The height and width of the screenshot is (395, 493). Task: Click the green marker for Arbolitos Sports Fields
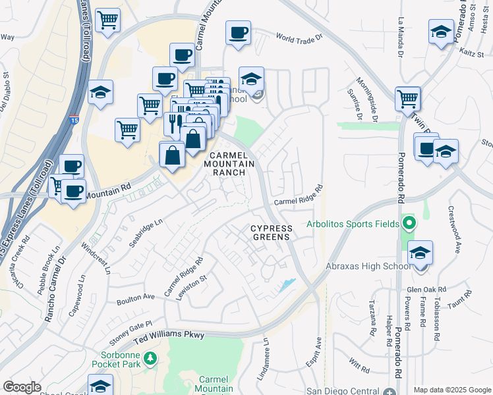[409, 223]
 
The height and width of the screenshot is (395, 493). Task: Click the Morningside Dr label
[368, 99]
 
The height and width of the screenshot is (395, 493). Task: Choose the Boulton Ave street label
[135, 299]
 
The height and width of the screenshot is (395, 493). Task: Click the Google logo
[22, 387]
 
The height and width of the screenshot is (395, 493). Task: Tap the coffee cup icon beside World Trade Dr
[238, 32]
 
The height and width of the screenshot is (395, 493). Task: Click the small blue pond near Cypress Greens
[287, 285]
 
